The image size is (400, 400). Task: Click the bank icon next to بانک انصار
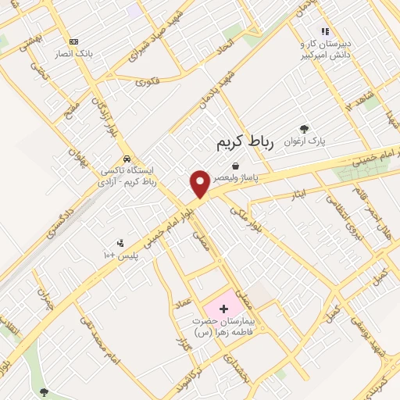74,42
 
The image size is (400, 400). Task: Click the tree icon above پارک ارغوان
304,129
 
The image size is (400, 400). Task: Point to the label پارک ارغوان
304,141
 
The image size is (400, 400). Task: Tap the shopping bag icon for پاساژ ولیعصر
235,165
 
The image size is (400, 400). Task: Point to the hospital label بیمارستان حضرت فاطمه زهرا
227,328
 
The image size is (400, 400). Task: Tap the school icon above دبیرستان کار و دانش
325,31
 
